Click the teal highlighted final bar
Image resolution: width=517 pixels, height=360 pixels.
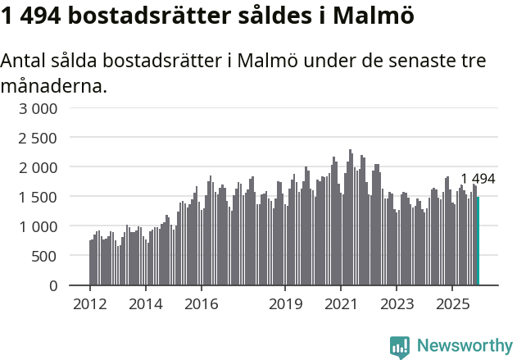[478, 241]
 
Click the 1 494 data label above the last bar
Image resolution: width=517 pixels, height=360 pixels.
[478, 180]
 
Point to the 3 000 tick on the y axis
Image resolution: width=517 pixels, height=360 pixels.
[39, 108]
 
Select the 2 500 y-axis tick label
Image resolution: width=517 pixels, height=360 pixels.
[39, 138]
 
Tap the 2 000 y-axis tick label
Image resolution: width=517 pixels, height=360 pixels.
[39, 167]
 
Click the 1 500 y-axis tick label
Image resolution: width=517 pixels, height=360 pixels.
[39, 197]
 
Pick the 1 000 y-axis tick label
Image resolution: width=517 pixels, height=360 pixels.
[39, 226]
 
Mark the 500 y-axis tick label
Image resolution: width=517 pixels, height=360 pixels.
[45, 256]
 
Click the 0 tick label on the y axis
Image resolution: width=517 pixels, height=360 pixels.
[53, 285]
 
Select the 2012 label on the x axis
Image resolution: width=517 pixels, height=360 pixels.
[89, 304]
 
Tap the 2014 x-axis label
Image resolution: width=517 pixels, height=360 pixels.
[145, 304]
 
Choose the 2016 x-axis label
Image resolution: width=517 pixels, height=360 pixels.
[201, 304]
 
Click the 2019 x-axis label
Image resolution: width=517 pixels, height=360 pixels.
[284, 304]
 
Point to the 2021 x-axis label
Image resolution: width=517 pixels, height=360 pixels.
[340, 304]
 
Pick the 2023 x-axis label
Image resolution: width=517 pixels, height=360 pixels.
[396, 304]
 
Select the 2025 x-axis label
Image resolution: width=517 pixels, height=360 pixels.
[451, 304]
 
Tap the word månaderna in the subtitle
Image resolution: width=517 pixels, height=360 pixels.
[53, 85]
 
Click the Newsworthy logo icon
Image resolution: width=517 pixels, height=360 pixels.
[400, 346]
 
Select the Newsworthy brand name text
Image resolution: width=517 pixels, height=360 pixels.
[465, 346]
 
